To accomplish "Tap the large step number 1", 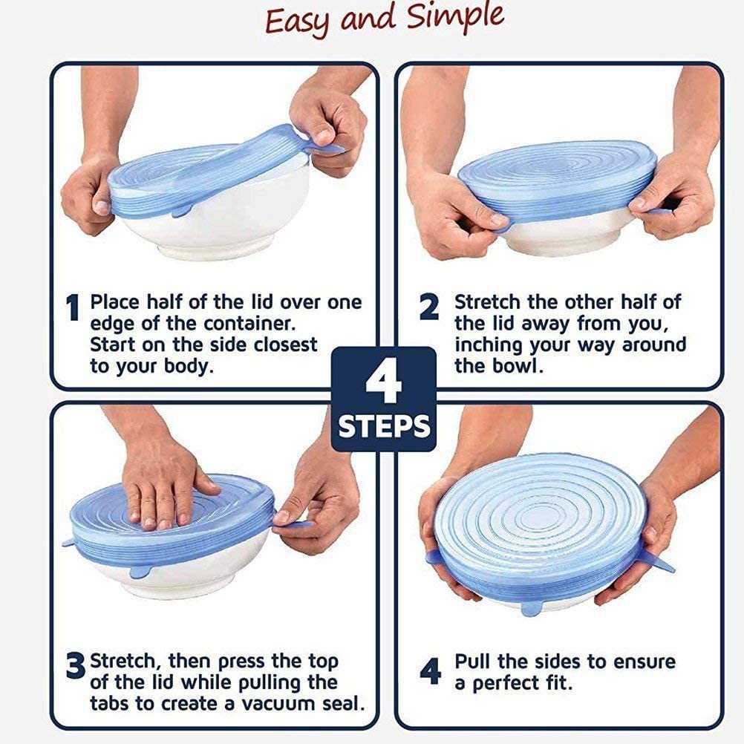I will coord(72,310).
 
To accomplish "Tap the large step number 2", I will coord(429,308).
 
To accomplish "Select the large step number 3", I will coord(75,666).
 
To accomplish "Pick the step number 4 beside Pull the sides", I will coord(430,672).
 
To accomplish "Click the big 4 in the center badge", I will coord(383,382).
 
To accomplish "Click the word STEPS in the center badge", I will coord(384,427).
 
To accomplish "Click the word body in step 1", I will coord(188,367).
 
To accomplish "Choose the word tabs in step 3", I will coord(111,702).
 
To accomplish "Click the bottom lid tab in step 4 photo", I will coord(532,607).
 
